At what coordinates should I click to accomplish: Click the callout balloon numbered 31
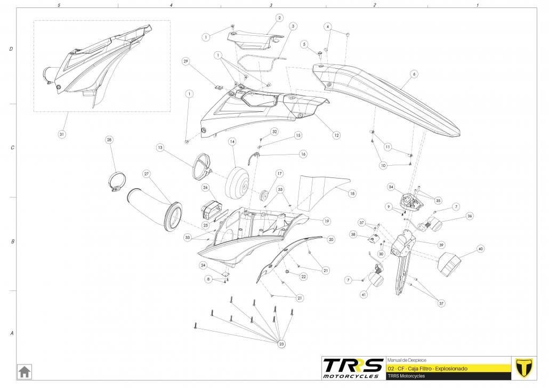coord(62,134)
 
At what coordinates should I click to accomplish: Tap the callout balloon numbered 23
coord(281,344)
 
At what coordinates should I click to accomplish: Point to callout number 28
coord(109,140)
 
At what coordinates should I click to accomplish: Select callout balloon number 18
coord(352,194)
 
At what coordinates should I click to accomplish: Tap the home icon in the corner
coord(25,370)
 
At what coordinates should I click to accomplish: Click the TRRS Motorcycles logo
coord(353,368)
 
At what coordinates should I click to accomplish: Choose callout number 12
coord(336,135)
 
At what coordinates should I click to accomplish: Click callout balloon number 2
coord(279,18)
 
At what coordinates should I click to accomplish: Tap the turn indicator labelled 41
coord(379,278)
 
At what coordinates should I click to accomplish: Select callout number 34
coord(391,187)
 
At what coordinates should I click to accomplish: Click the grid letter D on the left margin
coord(11,49)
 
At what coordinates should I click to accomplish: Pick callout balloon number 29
coord(186,61)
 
